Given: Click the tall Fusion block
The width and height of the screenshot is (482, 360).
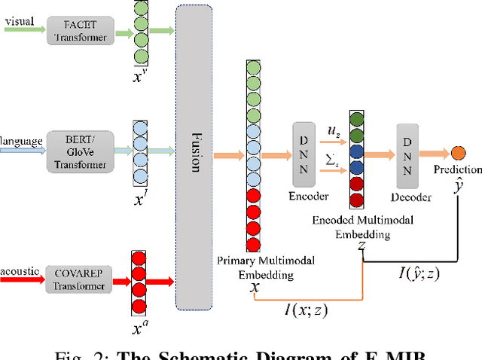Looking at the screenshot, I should coord(194,157).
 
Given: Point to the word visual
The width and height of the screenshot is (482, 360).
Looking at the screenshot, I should coord(20,20).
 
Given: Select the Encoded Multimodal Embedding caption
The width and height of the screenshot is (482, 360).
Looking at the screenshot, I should coord(362,227).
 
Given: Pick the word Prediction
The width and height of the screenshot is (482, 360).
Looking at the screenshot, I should coord(458,170).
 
